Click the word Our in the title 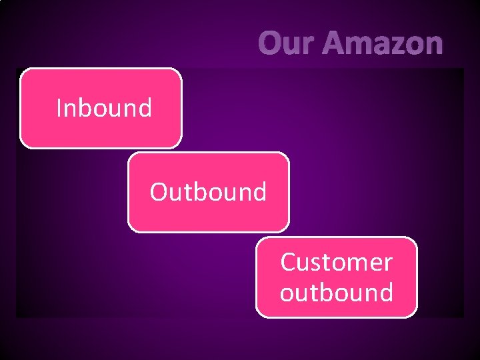[287, 44]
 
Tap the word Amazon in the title [382, 44]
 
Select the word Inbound [104, 107]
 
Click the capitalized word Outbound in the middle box [208, 192]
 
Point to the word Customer [336, 263]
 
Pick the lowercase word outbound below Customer [336, 293]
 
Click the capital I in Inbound [59, 107]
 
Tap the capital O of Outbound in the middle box [158, 192]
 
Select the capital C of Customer [287, 263]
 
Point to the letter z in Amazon [394, 45]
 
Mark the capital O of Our [270, 44]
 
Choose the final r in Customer [387, 264]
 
